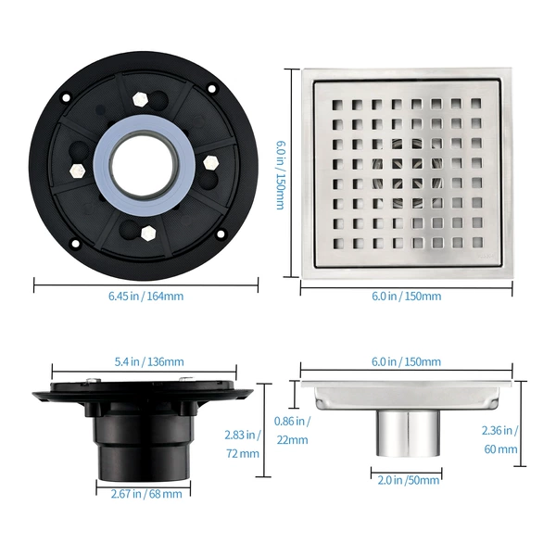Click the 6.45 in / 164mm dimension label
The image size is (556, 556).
(146, 296)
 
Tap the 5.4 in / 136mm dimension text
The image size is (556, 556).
(149, 361)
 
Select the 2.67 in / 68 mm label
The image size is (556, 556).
(146, 494)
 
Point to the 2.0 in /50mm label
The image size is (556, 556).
(408, 480)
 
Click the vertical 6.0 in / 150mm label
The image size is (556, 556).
(281, 175)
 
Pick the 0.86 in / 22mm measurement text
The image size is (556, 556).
(292, 431)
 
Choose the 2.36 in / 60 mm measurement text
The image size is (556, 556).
(500, 439)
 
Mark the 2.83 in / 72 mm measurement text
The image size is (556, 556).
(243, 444)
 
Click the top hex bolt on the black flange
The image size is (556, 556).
(140, 100)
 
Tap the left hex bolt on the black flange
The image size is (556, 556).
(78, 171)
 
